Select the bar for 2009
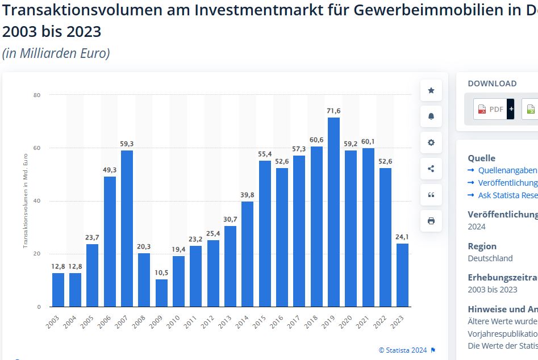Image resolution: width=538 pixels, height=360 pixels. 161,293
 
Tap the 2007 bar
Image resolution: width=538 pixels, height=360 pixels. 127,228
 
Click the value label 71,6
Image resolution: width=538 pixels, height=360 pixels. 333,111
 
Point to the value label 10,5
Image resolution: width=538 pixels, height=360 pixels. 161,273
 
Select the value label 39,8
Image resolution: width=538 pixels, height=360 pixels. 247,195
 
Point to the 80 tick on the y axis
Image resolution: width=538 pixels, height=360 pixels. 37,95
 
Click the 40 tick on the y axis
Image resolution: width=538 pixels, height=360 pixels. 37,201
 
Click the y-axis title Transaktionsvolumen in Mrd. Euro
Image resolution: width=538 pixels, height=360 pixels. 26,200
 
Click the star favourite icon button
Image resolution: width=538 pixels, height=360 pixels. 431,90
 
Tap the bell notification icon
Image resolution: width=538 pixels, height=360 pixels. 431,116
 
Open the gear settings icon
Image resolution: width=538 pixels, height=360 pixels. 431,143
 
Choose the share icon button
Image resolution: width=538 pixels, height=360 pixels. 431,169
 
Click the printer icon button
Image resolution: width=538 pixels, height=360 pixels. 431,221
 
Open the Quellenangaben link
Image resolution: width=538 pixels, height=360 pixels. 507,170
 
